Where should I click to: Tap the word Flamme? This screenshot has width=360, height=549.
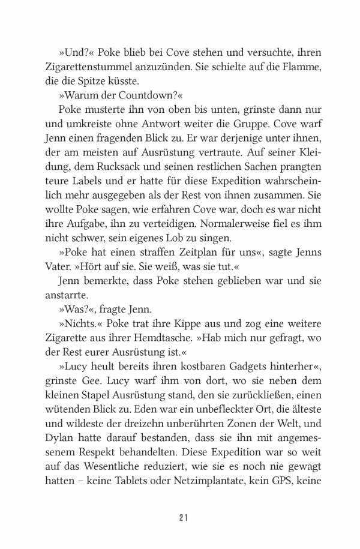302,63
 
